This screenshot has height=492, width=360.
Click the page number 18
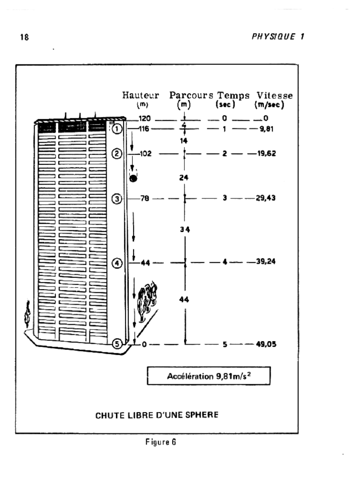(x=25, y=37)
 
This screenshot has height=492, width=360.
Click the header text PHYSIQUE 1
(x=278, y=37)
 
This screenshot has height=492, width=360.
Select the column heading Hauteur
(x=141, y=95)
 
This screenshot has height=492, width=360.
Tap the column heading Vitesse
(x=274, y=96)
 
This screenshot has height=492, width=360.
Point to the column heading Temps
(x=234, y=96)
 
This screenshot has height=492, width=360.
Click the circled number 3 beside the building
(x=117, y=198)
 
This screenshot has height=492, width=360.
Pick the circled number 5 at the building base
(x=117, y=344)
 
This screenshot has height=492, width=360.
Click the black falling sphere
(x=134, y=178)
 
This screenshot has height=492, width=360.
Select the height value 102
(x=145, y=153)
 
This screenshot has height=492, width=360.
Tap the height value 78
(x=145, y=198)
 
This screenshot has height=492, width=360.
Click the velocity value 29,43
(x=266, y=198)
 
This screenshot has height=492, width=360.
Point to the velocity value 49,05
(x=266, y=344)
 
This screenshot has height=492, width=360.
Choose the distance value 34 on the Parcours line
(x=185, y=230)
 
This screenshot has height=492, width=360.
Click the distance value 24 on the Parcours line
(x=184, y=178)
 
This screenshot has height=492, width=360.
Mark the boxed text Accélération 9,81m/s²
(x=209, y=376)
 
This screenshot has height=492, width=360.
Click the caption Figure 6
(x=161, y=442)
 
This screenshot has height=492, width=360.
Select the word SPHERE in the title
(x=202, y=415)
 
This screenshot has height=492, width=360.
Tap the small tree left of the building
(x=27, y=314)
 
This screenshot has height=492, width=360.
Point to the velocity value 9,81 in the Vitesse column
(x=266, y=129)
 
